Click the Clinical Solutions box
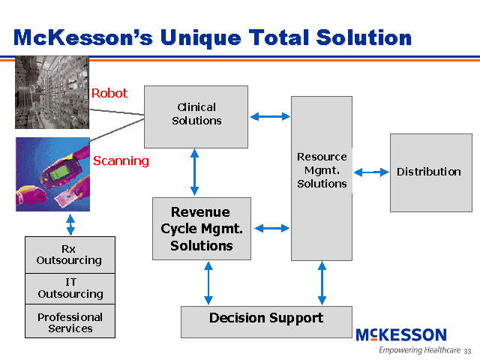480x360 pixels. [196, 115]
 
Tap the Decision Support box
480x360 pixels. [266, 320]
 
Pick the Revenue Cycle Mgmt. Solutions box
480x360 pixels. [201, 229]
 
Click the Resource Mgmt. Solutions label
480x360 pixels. [322, 170]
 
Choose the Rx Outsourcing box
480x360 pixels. [70, 255]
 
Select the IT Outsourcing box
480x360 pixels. [70, 289]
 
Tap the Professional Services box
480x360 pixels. [70, 322]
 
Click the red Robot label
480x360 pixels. [109, 94]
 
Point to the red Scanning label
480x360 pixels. [121, 160]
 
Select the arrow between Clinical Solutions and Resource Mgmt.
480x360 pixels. [269, 116]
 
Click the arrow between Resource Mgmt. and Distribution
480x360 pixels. [370, 172]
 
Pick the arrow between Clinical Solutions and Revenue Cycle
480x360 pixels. [195, 172]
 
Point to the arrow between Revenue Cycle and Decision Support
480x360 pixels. [208, 283]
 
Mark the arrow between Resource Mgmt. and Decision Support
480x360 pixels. [322, 283]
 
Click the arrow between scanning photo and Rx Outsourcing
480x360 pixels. [70, 224]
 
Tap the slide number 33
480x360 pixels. [467, 351]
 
